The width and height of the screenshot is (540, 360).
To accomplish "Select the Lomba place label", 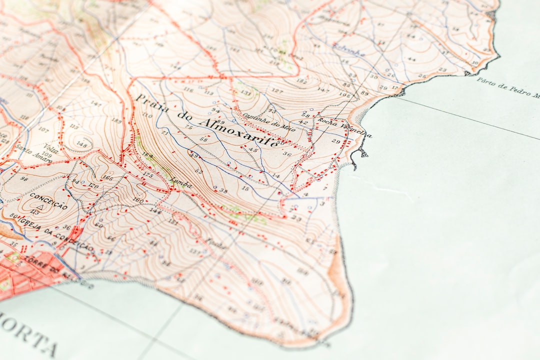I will (x=180, y=183).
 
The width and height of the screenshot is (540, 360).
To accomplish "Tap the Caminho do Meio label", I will (x=262, y=120).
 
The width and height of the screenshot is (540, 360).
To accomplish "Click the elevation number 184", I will (x=147, y=155).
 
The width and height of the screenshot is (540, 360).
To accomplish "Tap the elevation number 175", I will (x=148, y=175).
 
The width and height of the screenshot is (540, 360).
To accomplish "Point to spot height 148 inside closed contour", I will (x=81, y=145).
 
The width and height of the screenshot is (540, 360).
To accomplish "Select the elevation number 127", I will (x=276, y=90).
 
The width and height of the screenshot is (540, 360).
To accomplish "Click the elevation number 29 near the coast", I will (x=335, y=142).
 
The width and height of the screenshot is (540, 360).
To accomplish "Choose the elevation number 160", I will (x=138, y=201).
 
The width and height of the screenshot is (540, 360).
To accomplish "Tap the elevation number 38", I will (x=223, y=190).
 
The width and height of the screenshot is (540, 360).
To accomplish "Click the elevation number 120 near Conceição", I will (x=93, y=185).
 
